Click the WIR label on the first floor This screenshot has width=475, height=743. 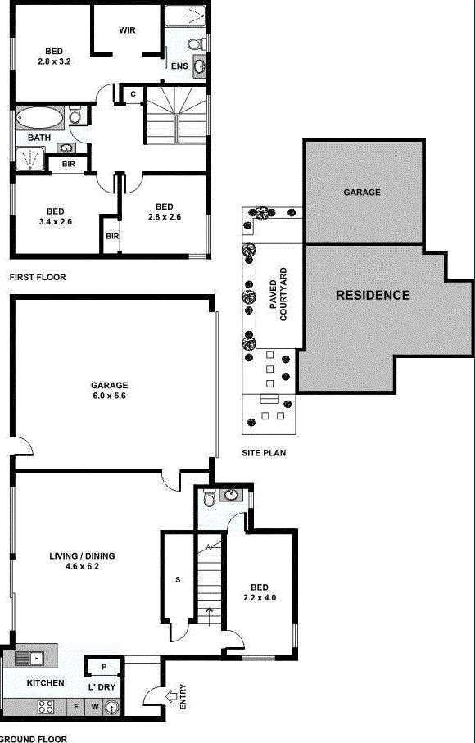127,30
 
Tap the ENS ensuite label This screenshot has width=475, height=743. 179,66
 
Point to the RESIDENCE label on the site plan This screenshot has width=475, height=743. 373,295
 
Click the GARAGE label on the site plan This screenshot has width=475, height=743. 361,193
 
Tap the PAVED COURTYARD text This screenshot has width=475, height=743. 278,294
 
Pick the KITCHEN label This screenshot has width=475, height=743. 45,682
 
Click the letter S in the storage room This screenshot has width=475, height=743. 177,580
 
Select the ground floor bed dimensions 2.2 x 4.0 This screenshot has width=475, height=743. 259,597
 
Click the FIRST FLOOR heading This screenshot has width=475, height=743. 37,278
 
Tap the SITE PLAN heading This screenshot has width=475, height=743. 263,452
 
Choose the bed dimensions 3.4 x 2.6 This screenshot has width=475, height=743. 55,220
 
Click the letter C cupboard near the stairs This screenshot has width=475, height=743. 133,94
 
